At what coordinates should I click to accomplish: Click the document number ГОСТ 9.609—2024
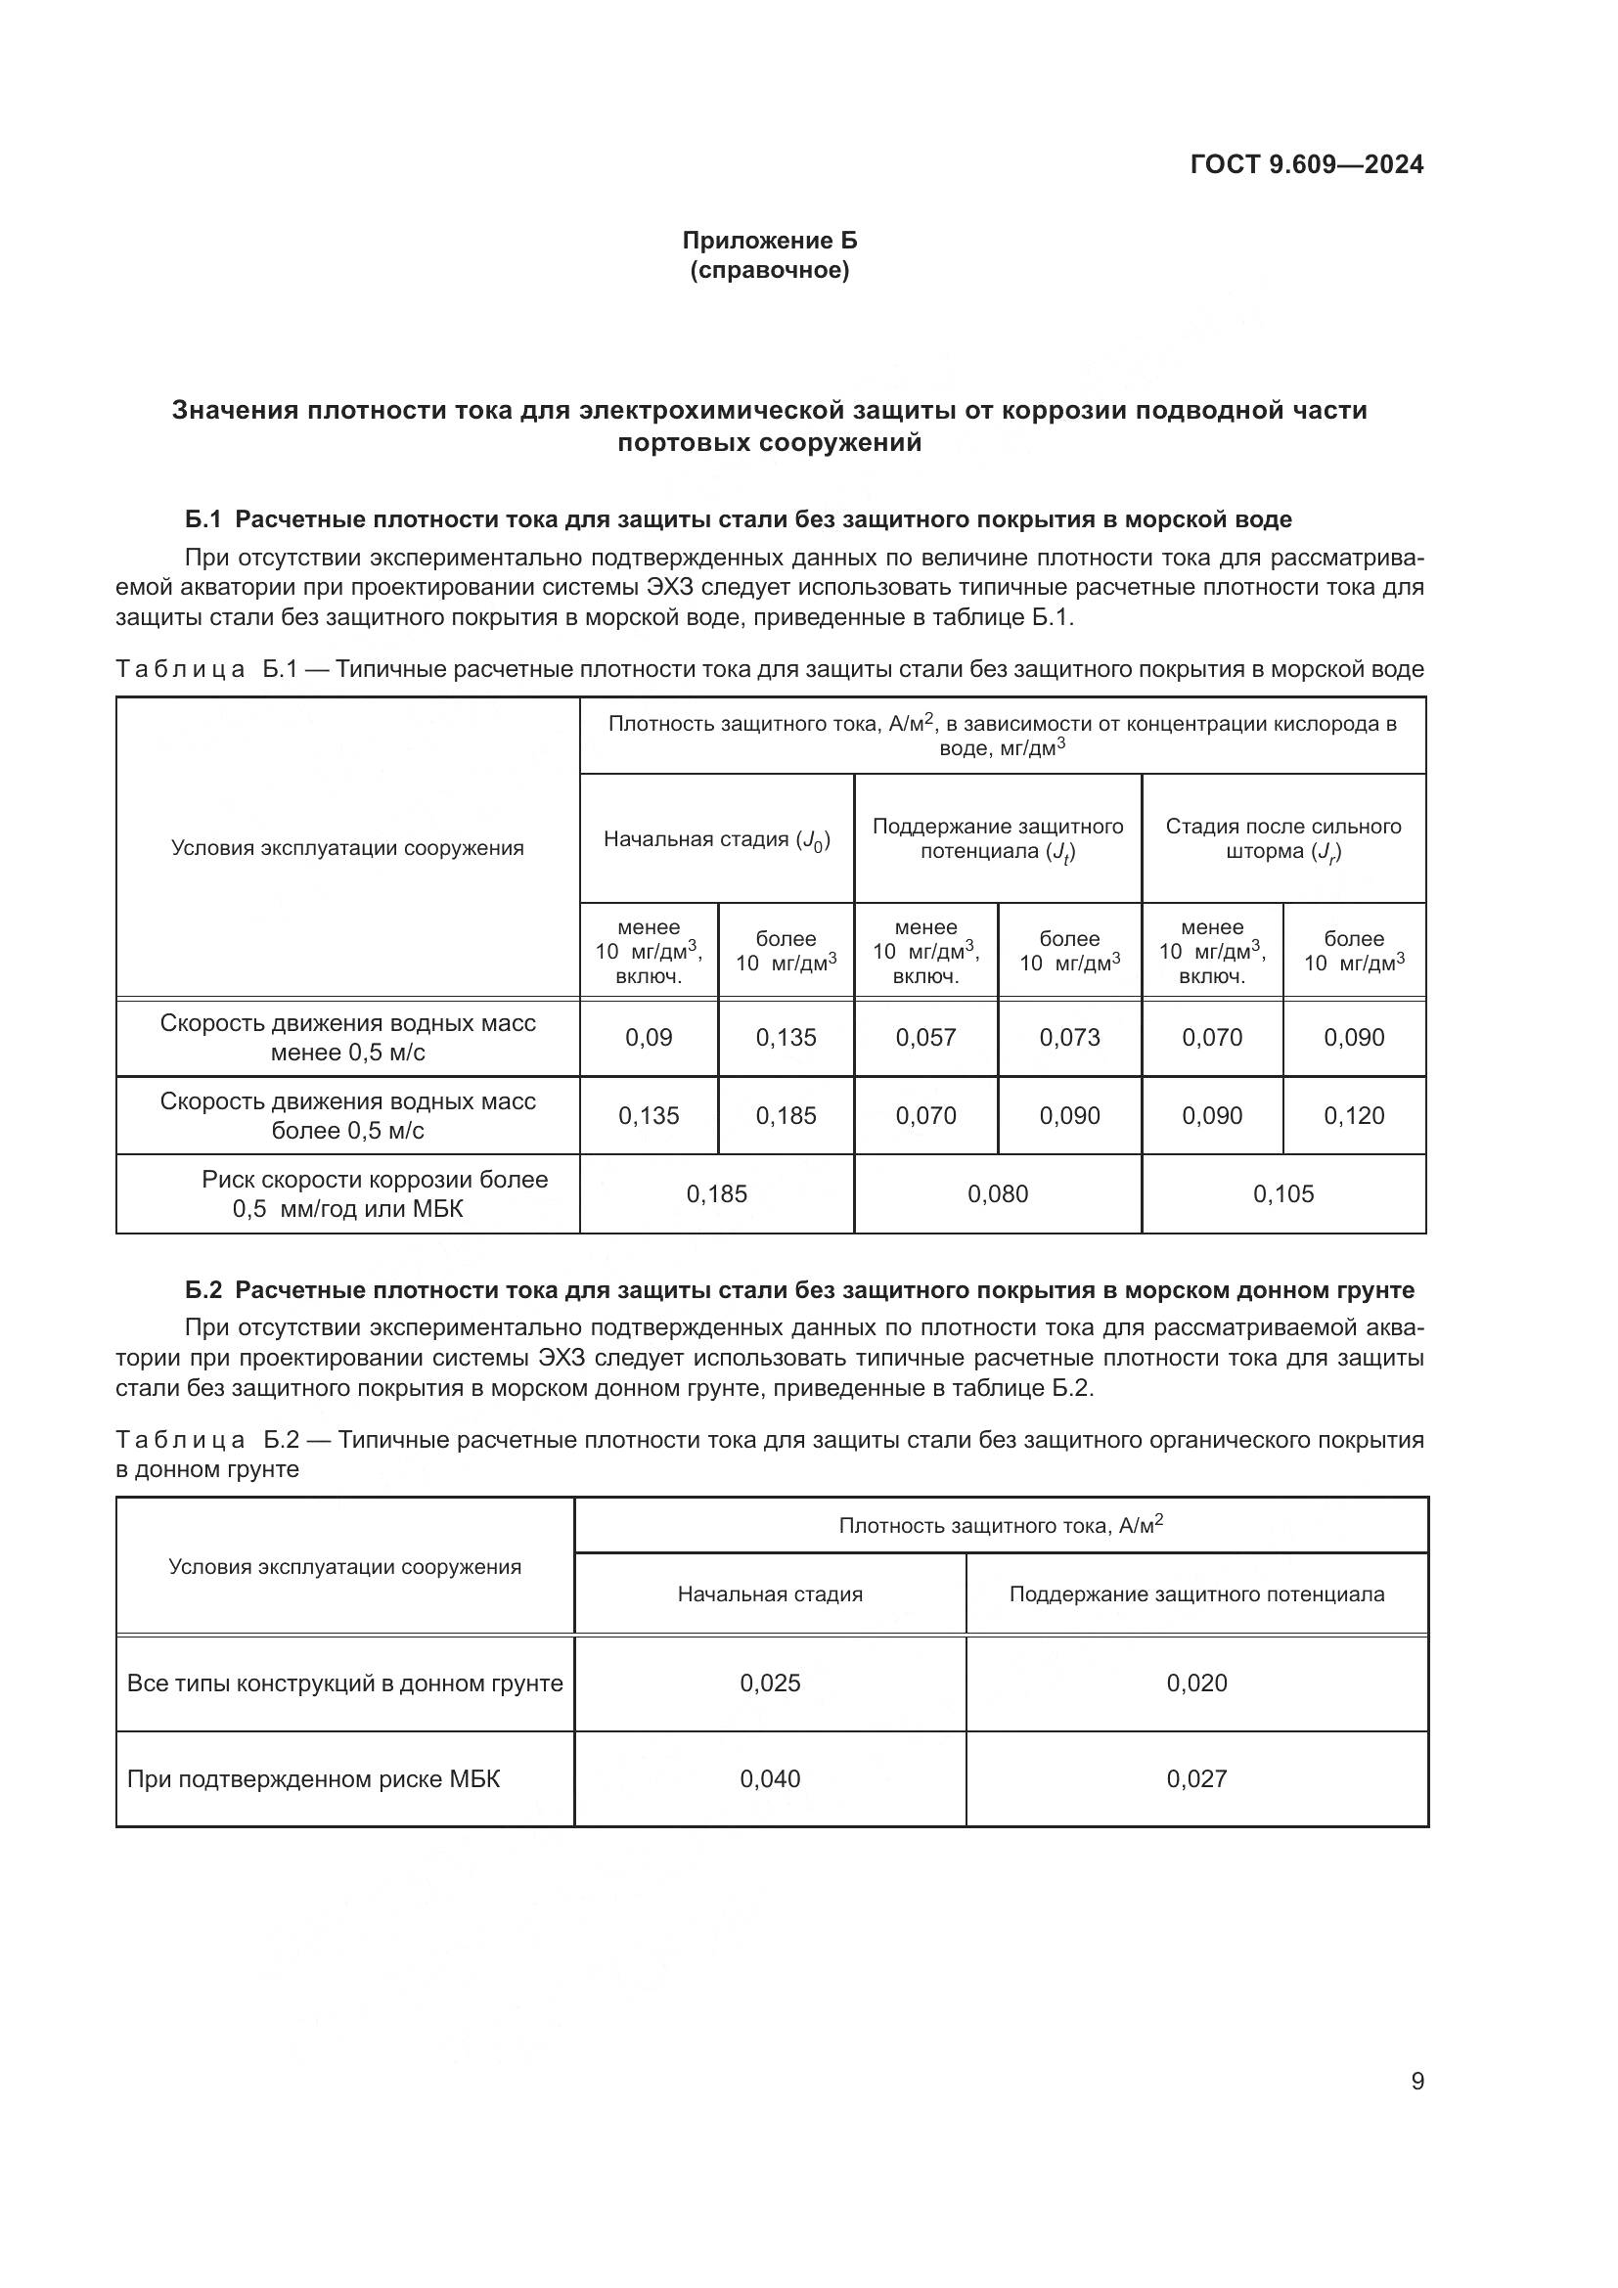(1306, 165)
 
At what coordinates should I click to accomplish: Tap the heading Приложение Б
(769, 241)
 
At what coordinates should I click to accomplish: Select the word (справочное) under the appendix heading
(769, 271)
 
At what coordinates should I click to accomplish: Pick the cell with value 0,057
(925, 1037)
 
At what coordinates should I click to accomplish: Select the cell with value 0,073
(1069, 1037)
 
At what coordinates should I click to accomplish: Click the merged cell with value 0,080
(997, 1193)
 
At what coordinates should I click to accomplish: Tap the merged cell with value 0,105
(1283, 1193)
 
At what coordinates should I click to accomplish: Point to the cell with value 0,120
(1354, 1116)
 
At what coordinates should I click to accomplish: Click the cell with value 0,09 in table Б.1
(649, 1037)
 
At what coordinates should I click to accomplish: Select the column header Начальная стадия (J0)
(716, 839)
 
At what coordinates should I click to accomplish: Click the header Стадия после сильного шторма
(1283, 838)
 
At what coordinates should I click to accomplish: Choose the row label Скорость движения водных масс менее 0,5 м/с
(347, 1037)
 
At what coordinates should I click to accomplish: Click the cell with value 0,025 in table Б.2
(769, 1683)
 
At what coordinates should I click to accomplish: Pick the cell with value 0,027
(1196, 1778)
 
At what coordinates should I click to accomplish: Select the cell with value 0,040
(769, 1778)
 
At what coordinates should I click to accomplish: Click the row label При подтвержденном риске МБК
(313, 1778)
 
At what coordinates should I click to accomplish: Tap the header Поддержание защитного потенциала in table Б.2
(1196, 1593)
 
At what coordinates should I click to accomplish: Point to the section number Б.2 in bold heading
(203, 1290)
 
